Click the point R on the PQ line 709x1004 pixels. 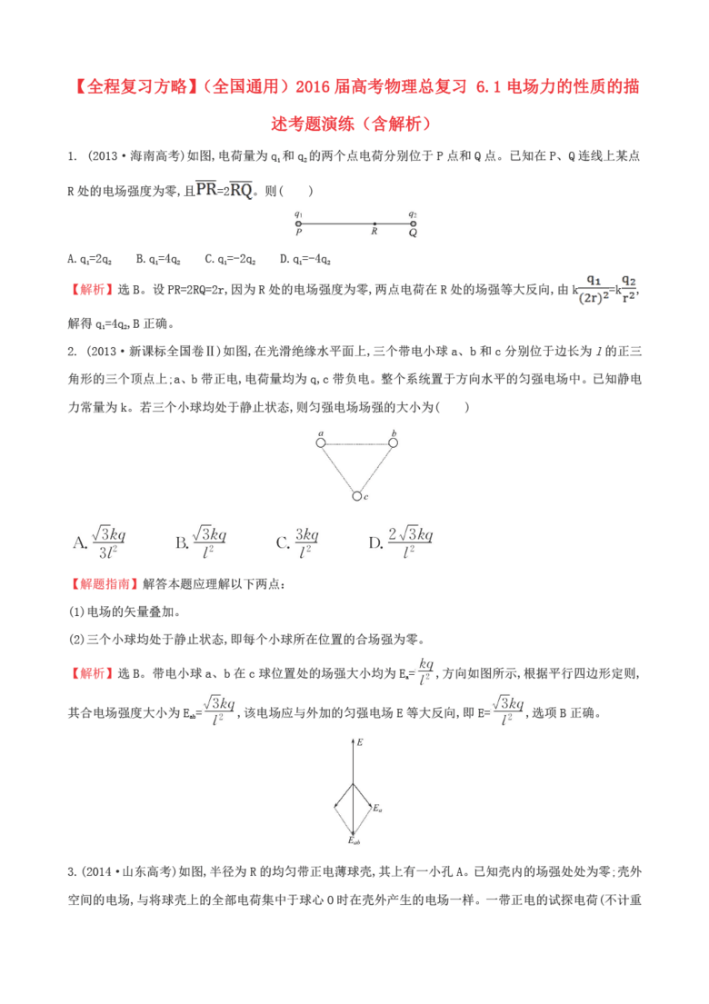click(x=374, y=224)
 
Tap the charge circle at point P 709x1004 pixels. click(x=299, y=224)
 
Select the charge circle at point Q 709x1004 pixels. click(x=412, y=224)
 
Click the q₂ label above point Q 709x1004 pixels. click(x=412, y=214)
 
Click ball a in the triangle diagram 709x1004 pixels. click(x=321, y=442)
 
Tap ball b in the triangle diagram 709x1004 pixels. click(x=393, y=442)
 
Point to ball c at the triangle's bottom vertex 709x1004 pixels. click(x=357, y=496)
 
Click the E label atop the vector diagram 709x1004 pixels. click(x=360, y=742)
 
